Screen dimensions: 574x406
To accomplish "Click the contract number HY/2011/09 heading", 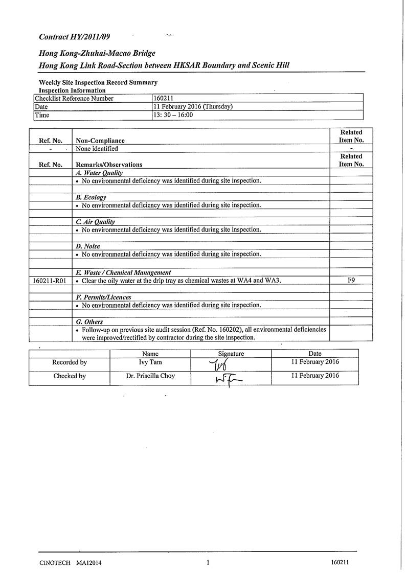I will [x=74, y=37].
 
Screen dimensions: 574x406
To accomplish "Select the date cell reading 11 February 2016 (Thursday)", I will [x=193, y=107].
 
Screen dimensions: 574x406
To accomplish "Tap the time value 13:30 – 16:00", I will [x=173, y=116].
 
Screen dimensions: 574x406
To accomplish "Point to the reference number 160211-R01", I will [x=50, y=281].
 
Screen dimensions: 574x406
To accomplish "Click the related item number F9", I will [x=351, y=281].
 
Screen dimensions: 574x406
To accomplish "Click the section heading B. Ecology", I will [x=91, y=197].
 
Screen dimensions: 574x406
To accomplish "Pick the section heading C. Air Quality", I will [x=95, y=222].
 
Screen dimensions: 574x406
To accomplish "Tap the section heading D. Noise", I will [x=88, y=246].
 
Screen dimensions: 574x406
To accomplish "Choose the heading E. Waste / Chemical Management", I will [x=123, y=273].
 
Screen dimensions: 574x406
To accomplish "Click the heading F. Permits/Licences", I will [x=103, y=297].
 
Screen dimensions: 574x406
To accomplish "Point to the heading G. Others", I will [x=89, y=322].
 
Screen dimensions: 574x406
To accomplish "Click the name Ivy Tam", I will [x=150, y=362].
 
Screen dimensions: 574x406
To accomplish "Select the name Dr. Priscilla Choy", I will [x=150, y=376].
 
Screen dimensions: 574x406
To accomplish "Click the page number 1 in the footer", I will [x=208, y=562].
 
